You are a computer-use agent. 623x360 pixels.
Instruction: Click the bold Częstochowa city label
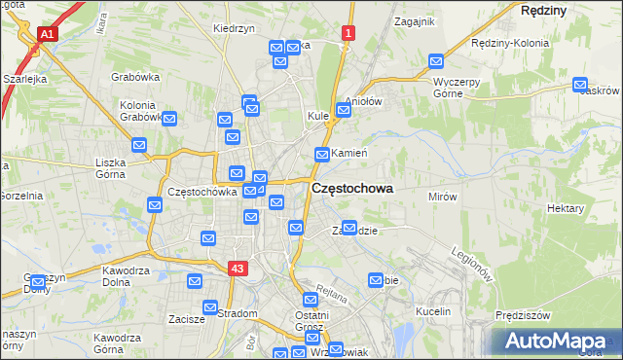tap(352, 190)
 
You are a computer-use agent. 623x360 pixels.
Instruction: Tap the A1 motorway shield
tap(46, 33)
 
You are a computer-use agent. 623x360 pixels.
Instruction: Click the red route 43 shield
tap(238, 268)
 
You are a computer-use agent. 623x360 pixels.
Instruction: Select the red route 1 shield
tap(348, 33)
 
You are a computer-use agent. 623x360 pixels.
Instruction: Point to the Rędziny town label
tap(543, 9)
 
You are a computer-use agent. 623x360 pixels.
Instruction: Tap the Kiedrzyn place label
tap(234, 28)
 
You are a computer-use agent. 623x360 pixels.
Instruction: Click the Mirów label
tap(442, 196)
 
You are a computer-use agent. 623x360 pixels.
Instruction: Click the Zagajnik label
tap(414, 20)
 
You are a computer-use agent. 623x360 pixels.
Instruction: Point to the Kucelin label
tap(432, 311)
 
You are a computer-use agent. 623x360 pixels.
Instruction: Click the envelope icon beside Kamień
tap(322, 154)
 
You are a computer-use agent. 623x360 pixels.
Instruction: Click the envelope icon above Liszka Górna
tap(139, 146)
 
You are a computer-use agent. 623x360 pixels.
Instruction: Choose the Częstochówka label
tap(202, 192)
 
